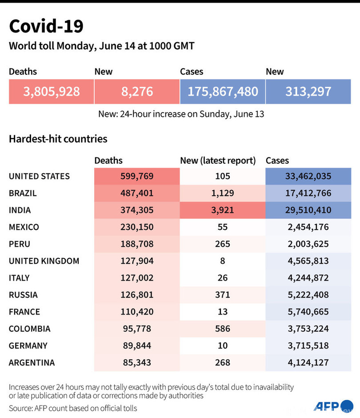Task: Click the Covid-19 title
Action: tap(46, 27)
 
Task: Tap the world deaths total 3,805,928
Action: tap(52, 92)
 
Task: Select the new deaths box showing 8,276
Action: tap(137, 92)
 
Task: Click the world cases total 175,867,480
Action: tap(223, 92)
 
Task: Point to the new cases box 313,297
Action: tap(308, 92)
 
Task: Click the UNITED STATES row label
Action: tap(39, 176)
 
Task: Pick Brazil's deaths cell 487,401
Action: tap(137, 193)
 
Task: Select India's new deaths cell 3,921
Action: tap(223, 210)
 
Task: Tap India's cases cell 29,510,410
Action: tap(308, 210)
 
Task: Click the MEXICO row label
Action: tap(24, 227)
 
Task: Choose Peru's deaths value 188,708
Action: tap(137, 244)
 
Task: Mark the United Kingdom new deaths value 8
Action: tap(223, 261)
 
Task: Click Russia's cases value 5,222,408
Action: tap(308, 294)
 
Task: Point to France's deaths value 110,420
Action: tap(137, 311)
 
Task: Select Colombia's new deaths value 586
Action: tap(223, 329)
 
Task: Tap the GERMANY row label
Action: tap(28, 346)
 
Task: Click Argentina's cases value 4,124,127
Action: tap(308, 362)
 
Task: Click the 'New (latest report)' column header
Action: tap(218, 161)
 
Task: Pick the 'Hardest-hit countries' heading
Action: tap(58, 139)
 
